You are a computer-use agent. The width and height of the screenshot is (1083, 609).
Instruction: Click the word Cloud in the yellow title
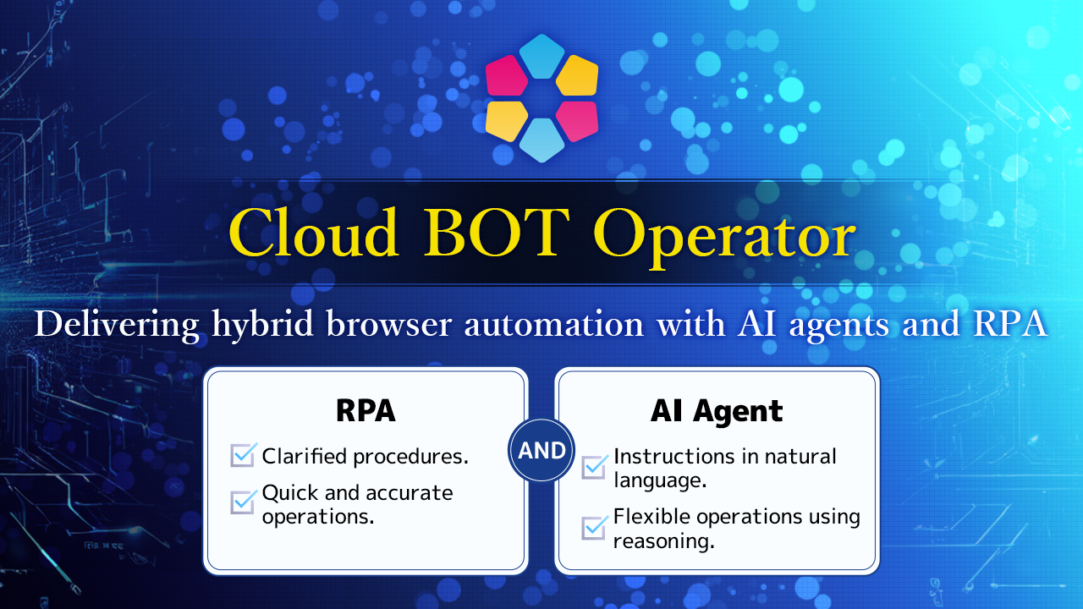pyautogui.click(x=313, y=234)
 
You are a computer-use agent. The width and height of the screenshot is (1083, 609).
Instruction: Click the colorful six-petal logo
pyautogui.click(x=541, y=98)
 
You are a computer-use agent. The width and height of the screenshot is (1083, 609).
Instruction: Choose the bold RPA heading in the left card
pyautogui.click(x=366, y=410)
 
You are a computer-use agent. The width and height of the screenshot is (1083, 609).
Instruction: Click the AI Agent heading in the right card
pyautogui.click(x=717, y=411)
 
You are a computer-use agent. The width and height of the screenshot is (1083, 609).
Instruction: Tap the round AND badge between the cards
pyautogui.click(x=541, y=451)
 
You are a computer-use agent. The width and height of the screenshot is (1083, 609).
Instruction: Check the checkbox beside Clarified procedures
pyautogui.click(x=243, y=456)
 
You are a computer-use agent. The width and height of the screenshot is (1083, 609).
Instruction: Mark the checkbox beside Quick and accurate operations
pyautogui.click(x=243, y=502)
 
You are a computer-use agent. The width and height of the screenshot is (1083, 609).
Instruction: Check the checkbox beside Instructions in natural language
pyautogui.click(x=594, y=466)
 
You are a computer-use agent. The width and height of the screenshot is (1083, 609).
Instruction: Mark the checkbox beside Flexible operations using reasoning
pyautogui.click(x=594, y=527)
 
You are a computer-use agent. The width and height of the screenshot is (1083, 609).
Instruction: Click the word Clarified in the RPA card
pyautogui.click(x=305, y=457)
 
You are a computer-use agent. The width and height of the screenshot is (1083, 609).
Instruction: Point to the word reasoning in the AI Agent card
pyautogui.click(x=664, y=541)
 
